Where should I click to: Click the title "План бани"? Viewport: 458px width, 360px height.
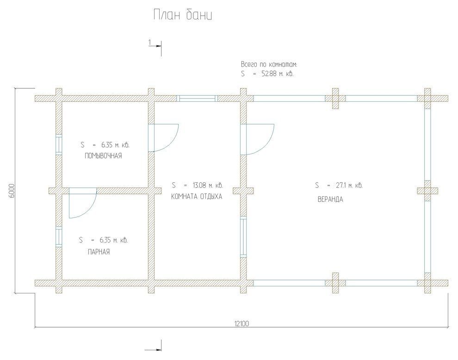183,15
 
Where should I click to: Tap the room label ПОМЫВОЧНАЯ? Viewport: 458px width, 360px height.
103,156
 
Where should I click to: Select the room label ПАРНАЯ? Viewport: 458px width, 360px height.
99,252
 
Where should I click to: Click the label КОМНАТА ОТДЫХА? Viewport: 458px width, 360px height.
196,196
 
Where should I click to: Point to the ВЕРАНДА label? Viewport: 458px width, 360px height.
330,199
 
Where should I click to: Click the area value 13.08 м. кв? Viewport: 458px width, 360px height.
207,185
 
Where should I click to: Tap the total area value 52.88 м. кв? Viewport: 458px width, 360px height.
278,74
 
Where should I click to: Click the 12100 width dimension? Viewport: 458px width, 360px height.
241,323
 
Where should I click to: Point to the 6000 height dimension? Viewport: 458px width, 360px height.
11,191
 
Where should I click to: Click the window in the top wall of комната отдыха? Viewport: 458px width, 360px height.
198,99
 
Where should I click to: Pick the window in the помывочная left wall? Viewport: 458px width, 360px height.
59,144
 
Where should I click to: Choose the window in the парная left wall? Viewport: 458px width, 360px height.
59,237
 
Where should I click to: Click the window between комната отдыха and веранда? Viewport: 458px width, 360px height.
243,237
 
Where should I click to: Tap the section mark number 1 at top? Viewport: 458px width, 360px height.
150,43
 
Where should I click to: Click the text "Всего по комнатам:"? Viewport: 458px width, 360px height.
269,64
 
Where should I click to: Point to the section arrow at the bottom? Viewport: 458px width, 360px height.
153,349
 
